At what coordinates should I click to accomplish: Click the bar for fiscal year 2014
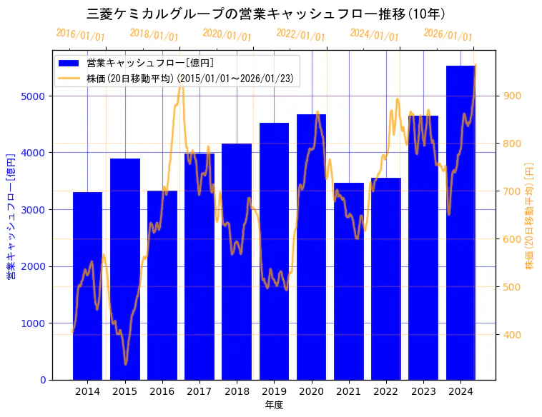pos(87,286)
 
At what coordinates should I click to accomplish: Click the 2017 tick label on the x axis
pos(199,391)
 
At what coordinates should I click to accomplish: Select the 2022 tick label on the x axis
pos(386,391)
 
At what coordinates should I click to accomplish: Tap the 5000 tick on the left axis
pos(35,96)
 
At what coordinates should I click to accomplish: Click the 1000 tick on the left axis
pos(35,323)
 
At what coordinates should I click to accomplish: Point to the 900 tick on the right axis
pos(513,96)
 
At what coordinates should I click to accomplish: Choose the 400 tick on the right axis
pos(513,335)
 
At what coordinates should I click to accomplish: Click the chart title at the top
pos(266,14)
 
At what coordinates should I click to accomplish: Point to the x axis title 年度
pos(274,405)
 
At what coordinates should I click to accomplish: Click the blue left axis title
pos(11,216)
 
